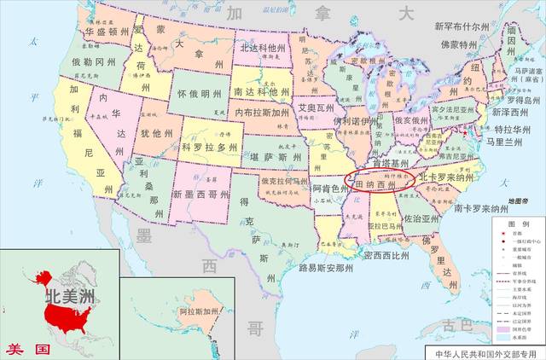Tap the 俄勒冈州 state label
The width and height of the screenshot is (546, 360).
coord(88,62)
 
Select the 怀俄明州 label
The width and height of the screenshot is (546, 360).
coord(198,94)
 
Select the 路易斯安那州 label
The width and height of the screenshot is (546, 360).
coord(326,267)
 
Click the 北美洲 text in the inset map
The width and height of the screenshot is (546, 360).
coord(69,298)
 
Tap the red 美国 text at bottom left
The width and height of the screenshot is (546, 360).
coord(23,349)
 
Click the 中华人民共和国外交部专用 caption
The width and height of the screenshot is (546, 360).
coord(484,351)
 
